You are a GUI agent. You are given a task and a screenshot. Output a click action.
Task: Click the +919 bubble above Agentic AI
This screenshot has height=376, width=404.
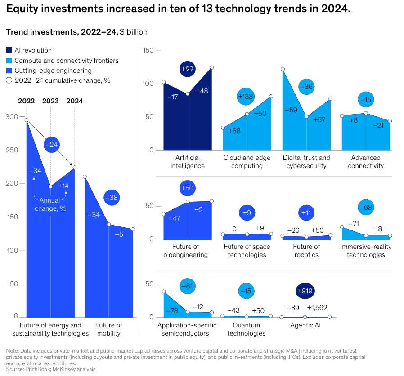coord(305,291)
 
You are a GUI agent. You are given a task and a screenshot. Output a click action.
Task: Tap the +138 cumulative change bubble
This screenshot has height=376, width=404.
coord(246,97)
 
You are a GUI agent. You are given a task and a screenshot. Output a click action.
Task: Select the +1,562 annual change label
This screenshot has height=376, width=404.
coord(317,308)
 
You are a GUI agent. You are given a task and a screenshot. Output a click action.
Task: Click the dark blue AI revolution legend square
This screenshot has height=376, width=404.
coord(9,50)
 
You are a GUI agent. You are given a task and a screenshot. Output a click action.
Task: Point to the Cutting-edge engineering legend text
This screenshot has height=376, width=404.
coord(53,71)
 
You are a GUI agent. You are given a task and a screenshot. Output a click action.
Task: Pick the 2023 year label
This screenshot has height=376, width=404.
coord(50,101)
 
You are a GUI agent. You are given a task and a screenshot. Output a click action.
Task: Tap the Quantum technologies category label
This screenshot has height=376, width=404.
coord(247,329)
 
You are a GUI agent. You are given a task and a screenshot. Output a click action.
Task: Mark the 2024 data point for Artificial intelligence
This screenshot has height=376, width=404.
coord(211,67)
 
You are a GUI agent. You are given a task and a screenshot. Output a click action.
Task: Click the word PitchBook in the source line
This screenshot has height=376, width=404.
coord(37,369)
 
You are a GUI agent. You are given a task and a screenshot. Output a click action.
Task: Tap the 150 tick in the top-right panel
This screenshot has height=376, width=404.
coord(148,50)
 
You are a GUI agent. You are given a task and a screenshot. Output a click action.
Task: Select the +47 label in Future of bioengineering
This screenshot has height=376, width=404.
coord(175,218)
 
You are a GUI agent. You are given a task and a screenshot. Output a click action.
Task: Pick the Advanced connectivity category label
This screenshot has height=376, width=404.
coord(366,162)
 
